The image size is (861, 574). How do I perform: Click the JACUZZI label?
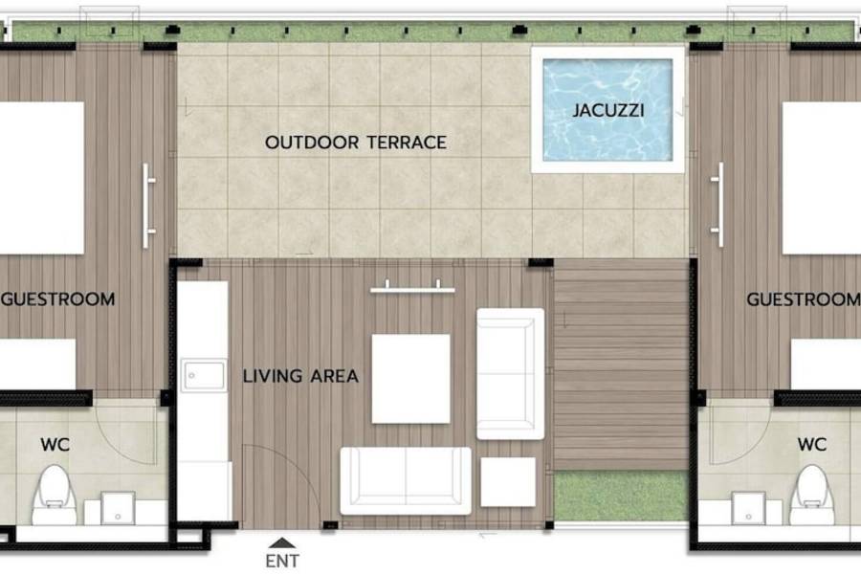pos(608,110)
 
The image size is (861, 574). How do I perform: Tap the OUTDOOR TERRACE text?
pos(356,143)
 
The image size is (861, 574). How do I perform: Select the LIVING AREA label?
pos(301,376)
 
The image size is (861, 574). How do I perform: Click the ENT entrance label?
pos(282,561)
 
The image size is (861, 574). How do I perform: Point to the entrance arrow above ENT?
pos(282,542)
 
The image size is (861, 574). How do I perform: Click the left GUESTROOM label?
pos(58,299)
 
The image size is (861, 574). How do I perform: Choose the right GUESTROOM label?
pos(804,299)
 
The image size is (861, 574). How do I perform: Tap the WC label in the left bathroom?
pos(55,444)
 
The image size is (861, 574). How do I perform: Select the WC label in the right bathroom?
pos(812,444)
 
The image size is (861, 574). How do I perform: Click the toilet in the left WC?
pos(54,496)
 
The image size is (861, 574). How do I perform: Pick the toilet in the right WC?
pos(811,496)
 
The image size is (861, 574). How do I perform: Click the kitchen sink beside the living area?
pos(204,375)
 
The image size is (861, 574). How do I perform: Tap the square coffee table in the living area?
pos(410,379)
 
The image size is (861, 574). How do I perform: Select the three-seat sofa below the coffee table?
pos(406,480)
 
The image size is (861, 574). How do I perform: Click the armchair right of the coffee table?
pos(511,374)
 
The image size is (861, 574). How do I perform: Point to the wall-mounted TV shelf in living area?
pos(412,289)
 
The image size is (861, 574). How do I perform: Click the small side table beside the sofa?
pos(508,482)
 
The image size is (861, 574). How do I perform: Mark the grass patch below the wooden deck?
pos(621,496)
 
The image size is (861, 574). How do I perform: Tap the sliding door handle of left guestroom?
pos(147,206)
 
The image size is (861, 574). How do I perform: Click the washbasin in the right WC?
pos(748,509)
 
